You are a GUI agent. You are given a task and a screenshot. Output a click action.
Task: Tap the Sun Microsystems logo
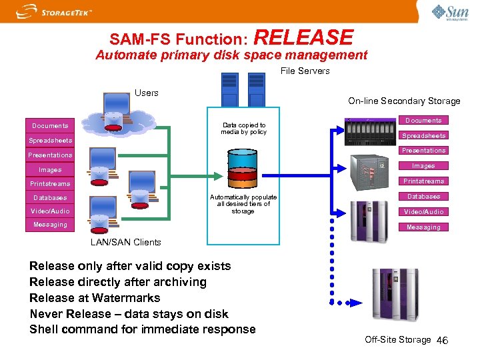[450, 12]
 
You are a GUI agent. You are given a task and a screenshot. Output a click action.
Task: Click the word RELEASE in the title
[303, 37]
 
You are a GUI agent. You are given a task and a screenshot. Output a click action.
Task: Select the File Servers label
[305, 71]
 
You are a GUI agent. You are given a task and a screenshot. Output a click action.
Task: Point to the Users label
[147, 93]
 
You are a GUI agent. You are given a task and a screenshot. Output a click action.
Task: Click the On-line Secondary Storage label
[404, 101]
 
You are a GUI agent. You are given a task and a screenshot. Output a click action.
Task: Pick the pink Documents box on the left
[50, 125]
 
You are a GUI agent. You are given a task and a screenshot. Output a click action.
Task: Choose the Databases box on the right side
[423, 197]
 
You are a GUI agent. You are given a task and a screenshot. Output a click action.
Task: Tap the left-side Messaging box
[50, 225]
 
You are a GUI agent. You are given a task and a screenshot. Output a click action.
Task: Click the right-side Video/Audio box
[423, 212]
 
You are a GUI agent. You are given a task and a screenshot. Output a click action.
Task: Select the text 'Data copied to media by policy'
[244, 128]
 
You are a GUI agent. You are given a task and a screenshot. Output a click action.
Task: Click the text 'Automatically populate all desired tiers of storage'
[243, 204]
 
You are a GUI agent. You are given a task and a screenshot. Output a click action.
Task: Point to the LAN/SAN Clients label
[125, 242]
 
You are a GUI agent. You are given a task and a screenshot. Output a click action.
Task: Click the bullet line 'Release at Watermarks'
[95, 298]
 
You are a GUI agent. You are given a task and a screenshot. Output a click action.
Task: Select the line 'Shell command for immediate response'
[143, 329]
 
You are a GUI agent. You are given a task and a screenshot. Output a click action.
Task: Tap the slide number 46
[442, 341]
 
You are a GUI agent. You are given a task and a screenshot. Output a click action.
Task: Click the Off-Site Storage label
[398, 340]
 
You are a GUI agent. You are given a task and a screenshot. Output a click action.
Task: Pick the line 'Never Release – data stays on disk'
[129, 314]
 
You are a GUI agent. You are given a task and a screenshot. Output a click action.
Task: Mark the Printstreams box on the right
[423, 181]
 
